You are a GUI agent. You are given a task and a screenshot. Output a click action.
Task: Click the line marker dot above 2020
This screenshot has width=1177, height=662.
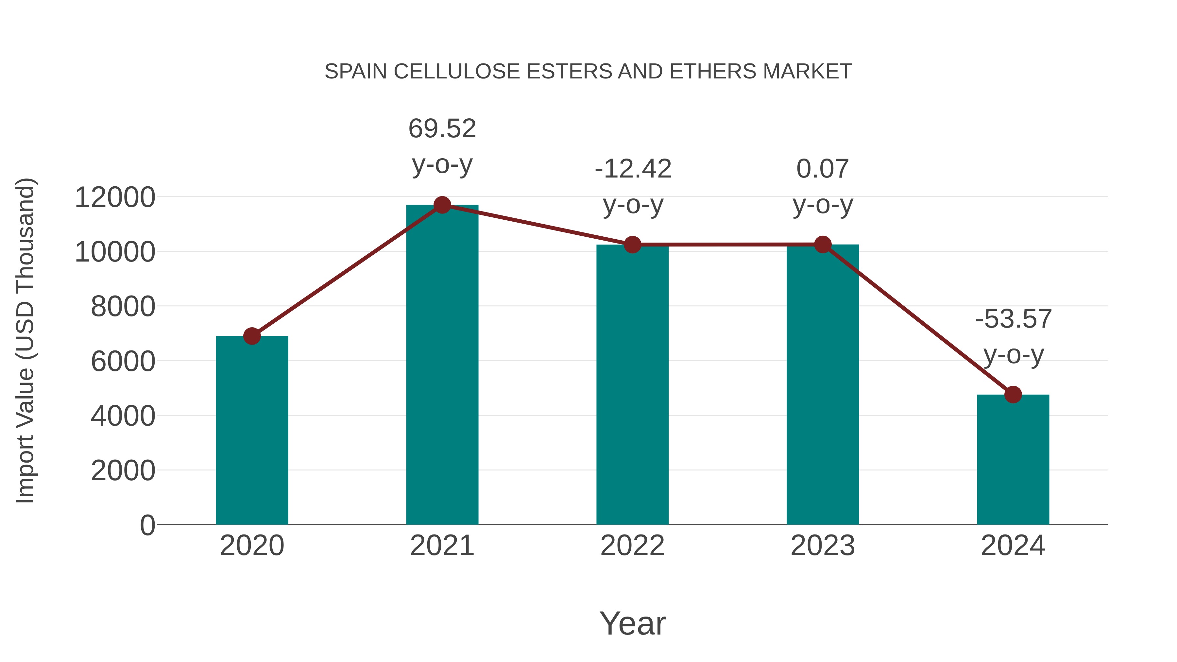point(252,336)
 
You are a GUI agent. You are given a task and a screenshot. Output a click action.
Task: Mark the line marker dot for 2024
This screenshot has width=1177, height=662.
point(1013,394)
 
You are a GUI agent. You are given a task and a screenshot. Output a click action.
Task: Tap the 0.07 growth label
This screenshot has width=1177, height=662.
point(823,169)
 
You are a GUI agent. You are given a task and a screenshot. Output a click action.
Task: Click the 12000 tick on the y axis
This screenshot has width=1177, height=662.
point(115,197)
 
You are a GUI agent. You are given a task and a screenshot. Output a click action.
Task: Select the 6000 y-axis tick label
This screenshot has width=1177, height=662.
point(123,361)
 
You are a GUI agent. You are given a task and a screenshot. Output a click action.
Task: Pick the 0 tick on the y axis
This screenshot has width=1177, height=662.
point(147,525)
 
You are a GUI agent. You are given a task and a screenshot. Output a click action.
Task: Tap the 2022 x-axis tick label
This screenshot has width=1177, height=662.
point(632,546)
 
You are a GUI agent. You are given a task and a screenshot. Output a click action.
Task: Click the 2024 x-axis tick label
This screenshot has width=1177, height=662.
point(1013,546)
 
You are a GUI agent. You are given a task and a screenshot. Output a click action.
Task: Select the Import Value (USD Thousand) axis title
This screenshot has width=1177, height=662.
point(25,340)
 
